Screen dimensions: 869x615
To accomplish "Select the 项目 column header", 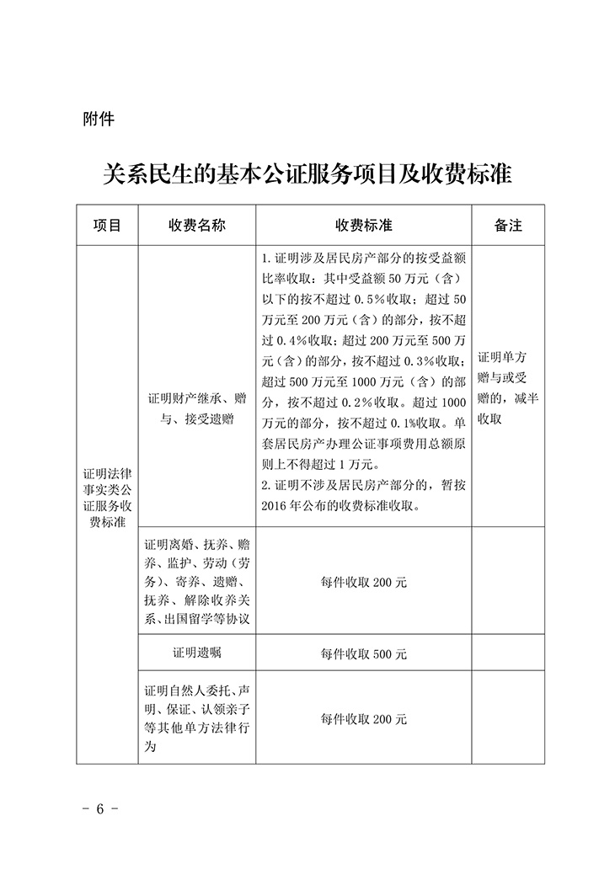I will coord(107,226).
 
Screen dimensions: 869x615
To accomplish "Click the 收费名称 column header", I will coord(197,226).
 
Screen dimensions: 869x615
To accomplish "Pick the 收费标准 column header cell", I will coord(364,226).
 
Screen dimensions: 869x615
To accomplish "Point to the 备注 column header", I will coord(508,226).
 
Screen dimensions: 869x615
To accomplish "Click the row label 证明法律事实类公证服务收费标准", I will coord(107,497).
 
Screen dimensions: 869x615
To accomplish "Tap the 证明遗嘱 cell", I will coord(197,653).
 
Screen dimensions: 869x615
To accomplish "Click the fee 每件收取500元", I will coord(364,653).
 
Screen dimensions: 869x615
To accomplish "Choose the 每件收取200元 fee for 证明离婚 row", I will coord(364,582).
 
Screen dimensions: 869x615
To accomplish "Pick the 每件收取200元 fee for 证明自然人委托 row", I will coord(364,719).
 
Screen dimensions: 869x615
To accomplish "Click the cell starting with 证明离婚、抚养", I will coord(197,581).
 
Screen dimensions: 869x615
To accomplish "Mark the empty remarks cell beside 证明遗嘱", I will coord(508,653).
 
